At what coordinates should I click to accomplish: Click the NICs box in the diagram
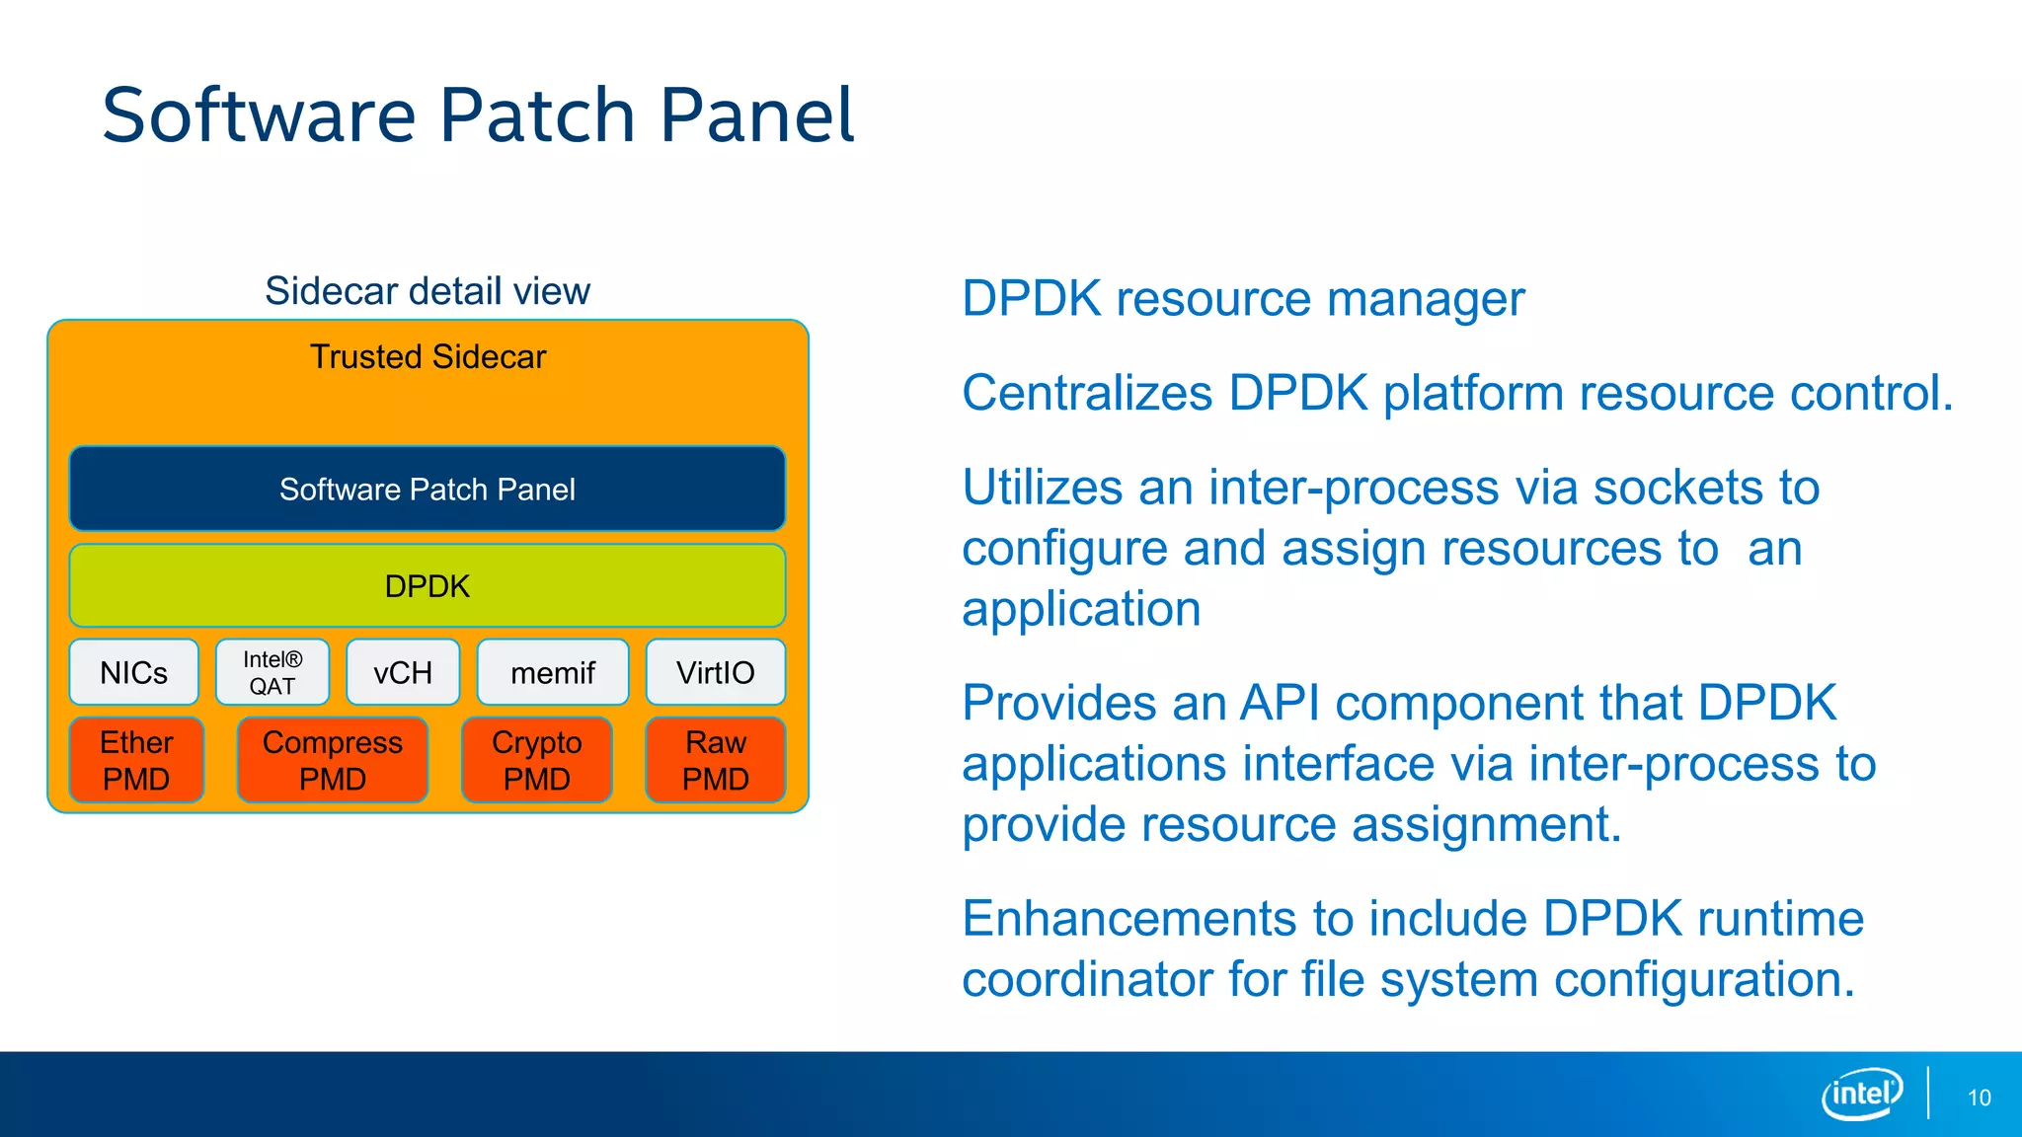coord(134,672)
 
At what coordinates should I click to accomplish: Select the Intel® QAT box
coord(272,672)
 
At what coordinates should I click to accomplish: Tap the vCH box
coord(403,672)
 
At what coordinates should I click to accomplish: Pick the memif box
coord(553,672)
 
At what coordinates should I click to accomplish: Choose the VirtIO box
coord(716,672)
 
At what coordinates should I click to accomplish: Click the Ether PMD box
coord(136,760)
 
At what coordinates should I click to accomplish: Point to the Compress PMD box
coord(333,760)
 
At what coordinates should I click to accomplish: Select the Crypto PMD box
coord(537,760)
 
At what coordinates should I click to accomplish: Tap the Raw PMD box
coord(716,760)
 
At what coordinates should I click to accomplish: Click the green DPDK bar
coord(428,586)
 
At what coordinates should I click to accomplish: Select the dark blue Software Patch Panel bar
coord(428,490)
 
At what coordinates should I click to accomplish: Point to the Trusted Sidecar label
coord(428,356)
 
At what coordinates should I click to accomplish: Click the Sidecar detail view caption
coord(428,291)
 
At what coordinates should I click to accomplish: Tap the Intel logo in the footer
coord(1862,1094)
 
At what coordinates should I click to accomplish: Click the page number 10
coord(1979,1098)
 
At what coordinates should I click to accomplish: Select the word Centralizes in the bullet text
coord(1087,393)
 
